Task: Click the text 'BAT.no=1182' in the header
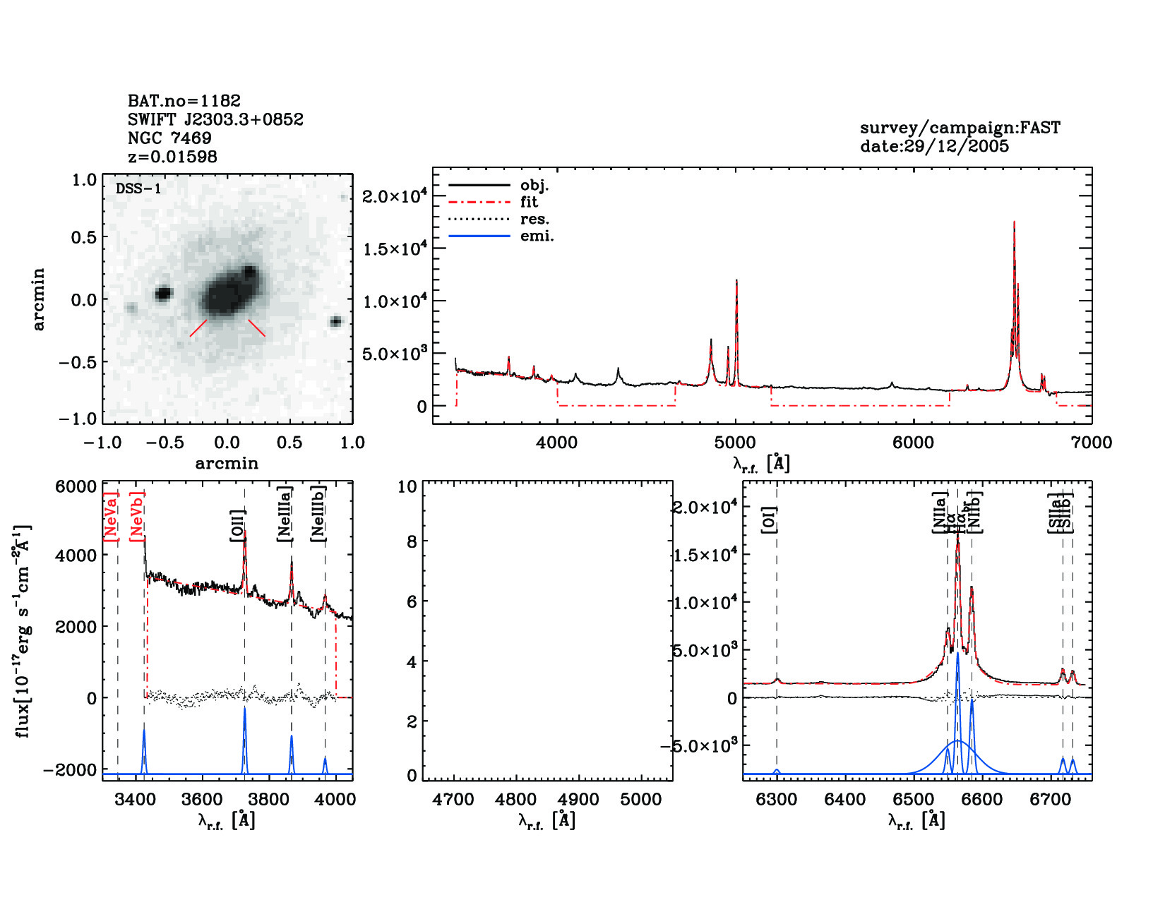click(184, 101)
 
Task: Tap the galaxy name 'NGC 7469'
click(169, 138)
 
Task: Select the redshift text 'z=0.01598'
click(172, 157)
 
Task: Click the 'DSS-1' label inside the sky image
click(138, 189)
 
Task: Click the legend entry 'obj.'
click(534, 186)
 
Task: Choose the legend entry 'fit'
click(529, 203)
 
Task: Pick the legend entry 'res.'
click(534, 220)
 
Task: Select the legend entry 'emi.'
click(537, 236)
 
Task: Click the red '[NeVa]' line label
click(111, 517)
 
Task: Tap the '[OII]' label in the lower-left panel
click(237, 526)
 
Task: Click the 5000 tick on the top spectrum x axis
click(735, 443)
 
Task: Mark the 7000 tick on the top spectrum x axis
click(1092, 443)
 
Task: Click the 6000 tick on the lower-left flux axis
click(76, 487)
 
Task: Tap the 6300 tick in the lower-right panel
click(776, 800)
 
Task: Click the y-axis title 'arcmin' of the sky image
click(39, 299)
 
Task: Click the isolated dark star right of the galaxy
click(336, 322)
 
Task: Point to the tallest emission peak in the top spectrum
click(1014, 223)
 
